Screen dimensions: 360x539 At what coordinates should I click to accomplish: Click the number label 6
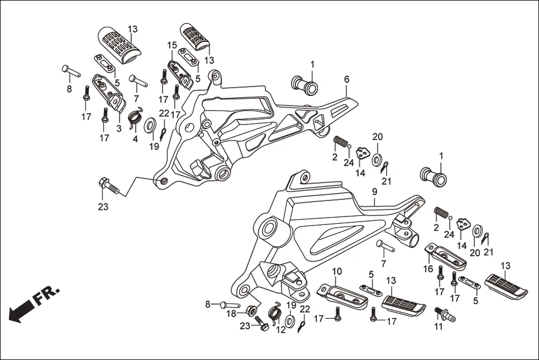[x=346, y=80]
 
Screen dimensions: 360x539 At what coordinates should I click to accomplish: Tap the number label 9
[x=374, y=191]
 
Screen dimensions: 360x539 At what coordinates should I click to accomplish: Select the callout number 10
[x=337, y=272]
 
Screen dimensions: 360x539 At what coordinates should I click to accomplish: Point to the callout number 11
[x=438, y=327]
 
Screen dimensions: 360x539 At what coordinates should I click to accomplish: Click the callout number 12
[x=281, y=330]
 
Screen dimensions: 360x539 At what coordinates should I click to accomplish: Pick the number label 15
[x=172, y=45]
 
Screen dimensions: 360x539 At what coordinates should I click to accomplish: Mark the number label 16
[x=429, y=268]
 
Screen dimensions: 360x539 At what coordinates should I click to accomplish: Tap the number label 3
[x=118, y=128]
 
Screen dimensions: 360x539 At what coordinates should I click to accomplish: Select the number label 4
[x=135, y=138]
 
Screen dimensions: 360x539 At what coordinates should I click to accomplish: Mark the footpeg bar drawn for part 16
[x=446, y=256]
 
